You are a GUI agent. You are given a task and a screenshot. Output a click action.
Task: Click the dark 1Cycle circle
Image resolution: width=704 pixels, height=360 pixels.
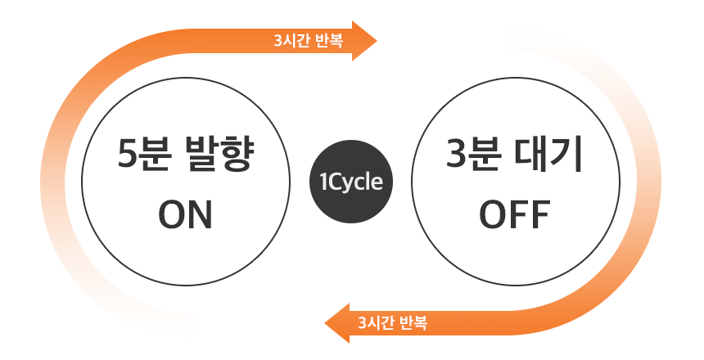point(351,182)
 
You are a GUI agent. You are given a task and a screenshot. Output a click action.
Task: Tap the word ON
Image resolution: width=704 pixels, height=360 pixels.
point(185,215)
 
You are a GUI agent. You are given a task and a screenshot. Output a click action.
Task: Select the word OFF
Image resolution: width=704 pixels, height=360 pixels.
point(515,214)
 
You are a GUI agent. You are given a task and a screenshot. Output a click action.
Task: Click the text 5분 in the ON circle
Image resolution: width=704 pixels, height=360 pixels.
point(145,154)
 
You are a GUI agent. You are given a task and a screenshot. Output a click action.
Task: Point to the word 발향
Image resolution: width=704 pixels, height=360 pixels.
point(219,154)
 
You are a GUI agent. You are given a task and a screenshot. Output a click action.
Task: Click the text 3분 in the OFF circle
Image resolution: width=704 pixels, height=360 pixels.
point(473,154)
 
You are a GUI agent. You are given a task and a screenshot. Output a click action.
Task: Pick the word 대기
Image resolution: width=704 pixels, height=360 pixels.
point(548,154)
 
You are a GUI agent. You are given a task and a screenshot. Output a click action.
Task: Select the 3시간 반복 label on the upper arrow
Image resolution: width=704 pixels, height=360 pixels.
point(309,41)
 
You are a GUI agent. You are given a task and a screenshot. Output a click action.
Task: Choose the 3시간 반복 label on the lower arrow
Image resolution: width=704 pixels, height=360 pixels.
point(392,322)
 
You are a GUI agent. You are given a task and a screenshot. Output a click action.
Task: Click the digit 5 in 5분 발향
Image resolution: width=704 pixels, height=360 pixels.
point(127,154)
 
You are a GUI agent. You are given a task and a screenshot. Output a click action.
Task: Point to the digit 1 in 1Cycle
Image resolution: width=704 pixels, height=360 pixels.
point(323,182)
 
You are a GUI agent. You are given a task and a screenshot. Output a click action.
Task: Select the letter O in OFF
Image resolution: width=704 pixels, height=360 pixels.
point(493,214)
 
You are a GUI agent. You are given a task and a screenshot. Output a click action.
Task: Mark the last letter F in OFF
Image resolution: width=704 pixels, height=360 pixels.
point(541,214)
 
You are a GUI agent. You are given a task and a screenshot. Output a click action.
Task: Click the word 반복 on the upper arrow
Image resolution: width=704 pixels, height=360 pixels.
point(329,41)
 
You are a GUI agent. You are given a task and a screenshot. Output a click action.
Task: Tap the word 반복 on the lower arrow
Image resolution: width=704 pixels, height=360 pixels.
point(413,322)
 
